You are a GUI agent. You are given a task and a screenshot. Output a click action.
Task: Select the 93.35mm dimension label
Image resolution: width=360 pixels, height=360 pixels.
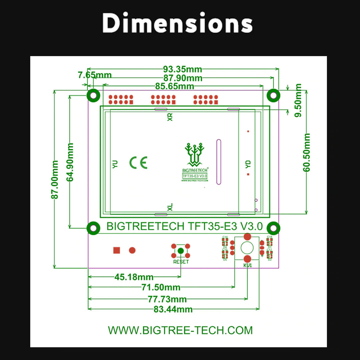tap(182, 69)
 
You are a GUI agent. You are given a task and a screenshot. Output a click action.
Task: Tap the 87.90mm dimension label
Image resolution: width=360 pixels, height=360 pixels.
tap(182, 78)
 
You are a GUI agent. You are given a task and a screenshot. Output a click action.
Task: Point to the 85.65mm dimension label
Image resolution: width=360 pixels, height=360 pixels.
tap(174, 86)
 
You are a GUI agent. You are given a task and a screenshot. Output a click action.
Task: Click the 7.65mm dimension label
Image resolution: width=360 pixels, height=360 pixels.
tap(95, 75)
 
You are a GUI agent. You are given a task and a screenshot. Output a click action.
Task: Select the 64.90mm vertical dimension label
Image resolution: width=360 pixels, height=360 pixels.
tap(70, 162)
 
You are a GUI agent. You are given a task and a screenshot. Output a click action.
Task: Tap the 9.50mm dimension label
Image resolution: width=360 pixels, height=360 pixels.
tap(298, 100)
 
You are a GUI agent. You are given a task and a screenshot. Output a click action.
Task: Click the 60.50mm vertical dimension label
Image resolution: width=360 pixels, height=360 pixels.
tap(307, 152)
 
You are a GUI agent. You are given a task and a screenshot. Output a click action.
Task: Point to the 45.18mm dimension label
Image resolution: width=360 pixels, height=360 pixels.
tap(134, 277)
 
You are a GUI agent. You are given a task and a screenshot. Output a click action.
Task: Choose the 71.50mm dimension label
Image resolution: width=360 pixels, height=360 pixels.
tap(161, 287)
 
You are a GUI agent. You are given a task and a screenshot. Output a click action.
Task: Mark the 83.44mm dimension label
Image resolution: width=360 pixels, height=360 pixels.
tap(173, 309)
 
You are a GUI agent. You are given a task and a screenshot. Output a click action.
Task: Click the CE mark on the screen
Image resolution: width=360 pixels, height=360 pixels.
tap(138, 163)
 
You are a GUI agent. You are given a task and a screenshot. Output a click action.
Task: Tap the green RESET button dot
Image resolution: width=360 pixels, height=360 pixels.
tap(181, 251)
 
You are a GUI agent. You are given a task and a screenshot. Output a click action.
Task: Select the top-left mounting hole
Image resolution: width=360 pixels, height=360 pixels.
tap(94, 96)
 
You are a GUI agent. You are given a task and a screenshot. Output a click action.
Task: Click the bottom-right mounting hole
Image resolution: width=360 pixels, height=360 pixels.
tap(273, 228)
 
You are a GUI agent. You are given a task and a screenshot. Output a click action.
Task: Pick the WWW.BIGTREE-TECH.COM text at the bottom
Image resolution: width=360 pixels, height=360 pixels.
tap(180, 330)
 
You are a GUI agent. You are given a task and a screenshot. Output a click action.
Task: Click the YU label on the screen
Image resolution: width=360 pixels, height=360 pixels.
tap(115, 164)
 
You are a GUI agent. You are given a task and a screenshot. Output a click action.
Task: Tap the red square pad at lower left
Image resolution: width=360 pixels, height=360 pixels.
tap(116, 250)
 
